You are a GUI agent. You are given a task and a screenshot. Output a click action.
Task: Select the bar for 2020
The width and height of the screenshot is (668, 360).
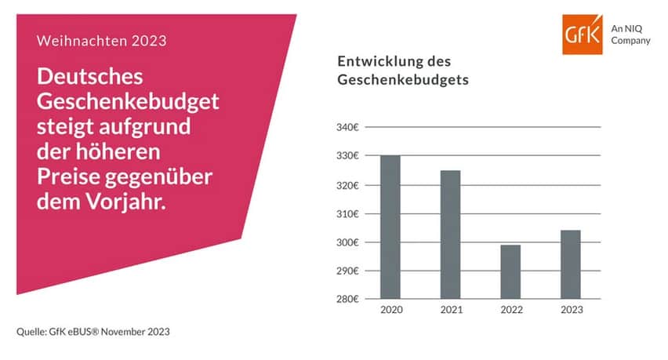(x=390, y=227)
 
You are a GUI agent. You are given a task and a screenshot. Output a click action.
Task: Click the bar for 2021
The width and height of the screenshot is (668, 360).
(x=450, y=235)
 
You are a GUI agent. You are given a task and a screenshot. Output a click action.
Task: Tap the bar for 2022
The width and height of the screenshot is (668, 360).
(x=510, y=271)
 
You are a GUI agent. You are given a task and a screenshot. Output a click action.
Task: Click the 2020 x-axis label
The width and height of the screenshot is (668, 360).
(x=390, y=310)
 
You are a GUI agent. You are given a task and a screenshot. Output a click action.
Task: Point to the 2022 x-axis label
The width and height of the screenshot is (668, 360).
(x=510, y=310)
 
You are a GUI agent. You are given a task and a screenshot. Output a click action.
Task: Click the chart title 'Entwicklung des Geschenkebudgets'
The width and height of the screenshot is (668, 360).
(x=397, y=71)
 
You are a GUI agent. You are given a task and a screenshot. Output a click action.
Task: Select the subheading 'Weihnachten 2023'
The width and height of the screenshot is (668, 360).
(x=101, y=41)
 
